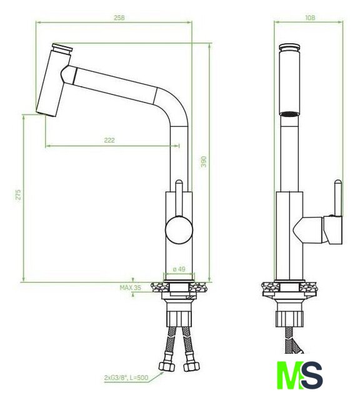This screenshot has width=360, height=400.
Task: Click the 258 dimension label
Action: tap(119, 18)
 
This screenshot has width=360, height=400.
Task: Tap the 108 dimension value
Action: tap(310, 17)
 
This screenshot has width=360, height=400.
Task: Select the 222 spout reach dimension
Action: tap(109, 140)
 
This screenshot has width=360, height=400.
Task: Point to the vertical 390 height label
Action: tap(203, 161)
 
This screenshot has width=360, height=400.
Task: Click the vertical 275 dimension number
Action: tap(18, 194)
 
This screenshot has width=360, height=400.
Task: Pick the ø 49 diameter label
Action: tap(179, 269)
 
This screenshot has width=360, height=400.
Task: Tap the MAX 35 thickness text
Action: tap(130, 287)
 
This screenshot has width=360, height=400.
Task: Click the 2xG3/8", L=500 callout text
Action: tap(126, 377)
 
